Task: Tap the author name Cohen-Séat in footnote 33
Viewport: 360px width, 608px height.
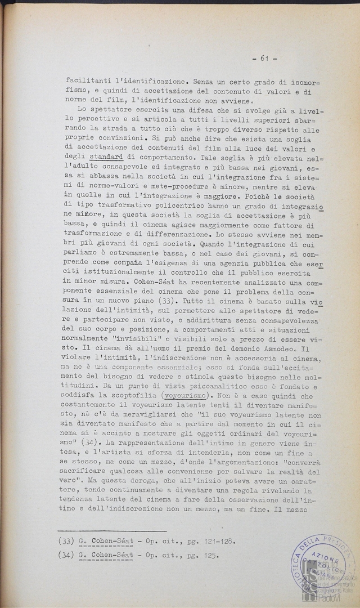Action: pos(111,542)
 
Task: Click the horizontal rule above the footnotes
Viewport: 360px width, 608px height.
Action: pos(112,530)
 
